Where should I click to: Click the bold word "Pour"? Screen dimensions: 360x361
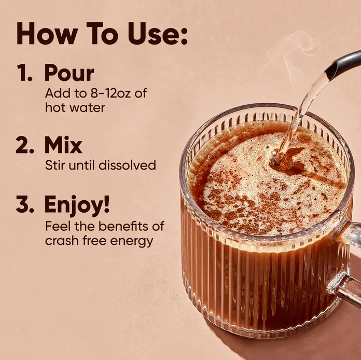[x=69, y=74]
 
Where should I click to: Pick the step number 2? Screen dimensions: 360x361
[x=24, y=146]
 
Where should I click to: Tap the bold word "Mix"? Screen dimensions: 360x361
[x=63, y=146]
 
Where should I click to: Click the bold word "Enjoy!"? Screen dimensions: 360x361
[x=77, y=205]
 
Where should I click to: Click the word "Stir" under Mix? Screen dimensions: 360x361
[x=55, y=165]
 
